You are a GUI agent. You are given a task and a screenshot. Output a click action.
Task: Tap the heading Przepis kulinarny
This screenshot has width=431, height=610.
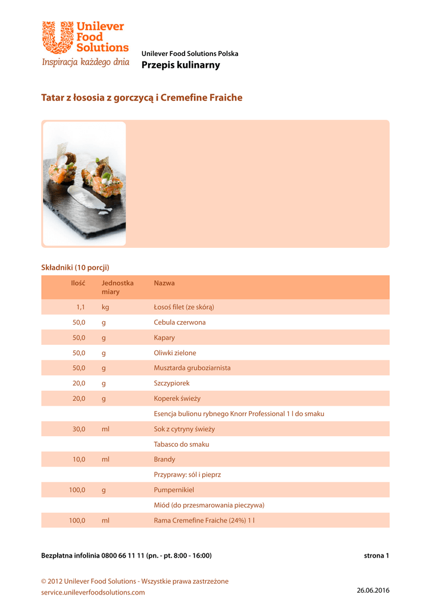coord(180,65)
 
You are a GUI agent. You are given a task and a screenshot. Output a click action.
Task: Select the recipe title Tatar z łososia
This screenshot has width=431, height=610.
coord(142,98)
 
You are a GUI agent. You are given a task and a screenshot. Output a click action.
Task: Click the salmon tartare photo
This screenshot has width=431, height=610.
coord(85,183)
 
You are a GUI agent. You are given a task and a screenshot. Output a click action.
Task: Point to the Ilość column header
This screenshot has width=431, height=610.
coord(78,283)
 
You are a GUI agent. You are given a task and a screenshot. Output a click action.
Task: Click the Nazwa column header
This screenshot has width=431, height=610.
coord(164,283)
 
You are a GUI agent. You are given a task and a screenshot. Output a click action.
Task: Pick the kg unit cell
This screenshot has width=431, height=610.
coord(105,307)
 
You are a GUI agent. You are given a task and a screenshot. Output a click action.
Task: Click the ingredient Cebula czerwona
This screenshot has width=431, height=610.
coord(180,322)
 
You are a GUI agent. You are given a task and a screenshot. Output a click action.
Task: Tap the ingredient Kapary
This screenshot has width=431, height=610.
coord(164,338)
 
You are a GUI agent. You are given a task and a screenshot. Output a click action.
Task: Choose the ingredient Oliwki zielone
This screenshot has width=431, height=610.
coord(174,353)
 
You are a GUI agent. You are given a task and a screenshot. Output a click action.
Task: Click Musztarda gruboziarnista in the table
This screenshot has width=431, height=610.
coord(192,368)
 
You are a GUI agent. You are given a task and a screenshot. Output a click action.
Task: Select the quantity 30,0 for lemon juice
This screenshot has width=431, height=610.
coord(79,429)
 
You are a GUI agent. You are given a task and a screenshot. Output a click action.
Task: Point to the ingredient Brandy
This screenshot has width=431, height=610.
coord(164,459)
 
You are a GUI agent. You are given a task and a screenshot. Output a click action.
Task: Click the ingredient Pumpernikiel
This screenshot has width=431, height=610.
coord(174,490)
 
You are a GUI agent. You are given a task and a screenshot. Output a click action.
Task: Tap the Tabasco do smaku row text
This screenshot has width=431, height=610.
coord(182,444)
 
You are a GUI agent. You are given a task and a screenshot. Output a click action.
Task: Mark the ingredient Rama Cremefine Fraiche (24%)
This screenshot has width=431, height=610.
coord(204,521)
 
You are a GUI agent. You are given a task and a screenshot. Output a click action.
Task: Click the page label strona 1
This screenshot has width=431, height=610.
coord(376,556)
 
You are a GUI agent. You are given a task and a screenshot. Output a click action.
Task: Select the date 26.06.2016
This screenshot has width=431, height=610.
coord(373,590)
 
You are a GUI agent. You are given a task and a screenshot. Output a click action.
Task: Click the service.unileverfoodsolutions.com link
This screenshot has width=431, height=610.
coord(93,592)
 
